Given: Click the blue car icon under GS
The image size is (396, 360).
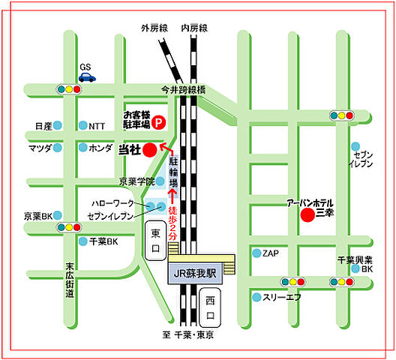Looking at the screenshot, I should (x=88, y=76).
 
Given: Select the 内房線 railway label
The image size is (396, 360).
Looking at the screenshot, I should (x=193, y=28).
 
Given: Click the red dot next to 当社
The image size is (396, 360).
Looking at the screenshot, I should (x=150, y=149).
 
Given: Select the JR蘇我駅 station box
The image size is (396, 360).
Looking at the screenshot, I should (x=192, y=274).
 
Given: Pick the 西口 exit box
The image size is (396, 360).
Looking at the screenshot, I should (x=211, y=304).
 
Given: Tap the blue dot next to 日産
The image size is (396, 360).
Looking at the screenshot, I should (x=58, y=126).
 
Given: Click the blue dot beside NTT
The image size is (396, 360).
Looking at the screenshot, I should (x=82, y=126).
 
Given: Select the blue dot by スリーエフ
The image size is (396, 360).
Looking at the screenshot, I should (x=256, y=297).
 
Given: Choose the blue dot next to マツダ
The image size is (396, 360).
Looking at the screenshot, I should (x=58, y=148).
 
